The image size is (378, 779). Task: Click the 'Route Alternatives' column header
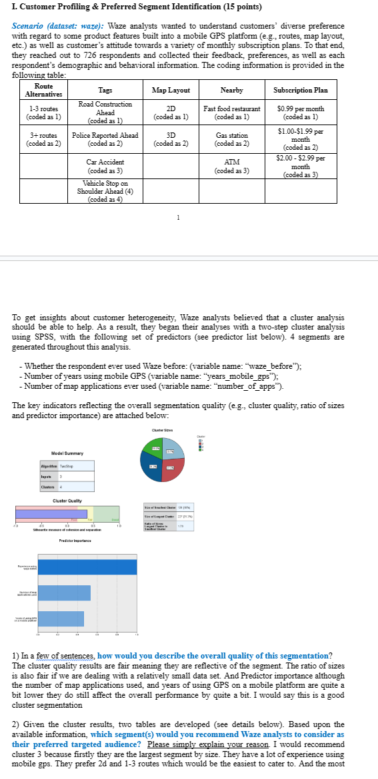[x=43, y=91]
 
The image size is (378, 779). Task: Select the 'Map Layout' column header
[x=171, y=91]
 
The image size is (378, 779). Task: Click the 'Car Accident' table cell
[x=105, y=166]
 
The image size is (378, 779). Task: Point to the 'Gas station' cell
[x=232, y=139]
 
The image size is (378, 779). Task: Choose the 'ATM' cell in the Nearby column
[x=232, y=166]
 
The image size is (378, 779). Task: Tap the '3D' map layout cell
[x=171, y=139]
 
